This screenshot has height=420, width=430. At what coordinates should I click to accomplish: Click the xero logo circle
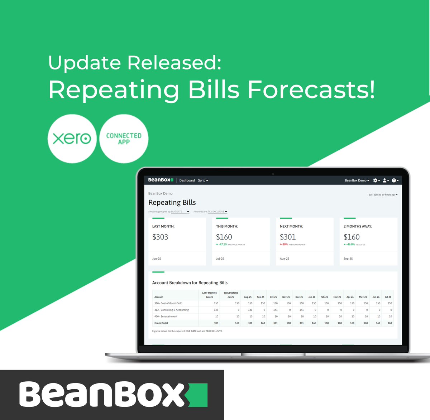point(72,139)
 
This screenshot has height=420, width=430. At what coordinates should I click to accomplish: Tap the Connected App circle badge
point(124,139)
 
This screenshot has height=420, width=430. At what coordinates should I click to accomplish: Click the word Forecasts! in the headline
point(311,89)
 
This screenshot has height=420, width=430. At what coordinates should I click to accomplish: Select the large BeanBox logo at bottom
point(113,394)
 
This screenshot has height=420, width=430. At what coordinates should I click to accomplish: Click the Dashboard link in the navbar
point(187,180)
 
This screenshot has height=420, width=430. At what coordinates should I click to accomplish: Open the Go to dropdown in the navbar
point(203,180)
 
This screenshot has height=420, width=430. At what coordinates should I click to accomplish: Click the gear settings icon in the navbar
point(376,180)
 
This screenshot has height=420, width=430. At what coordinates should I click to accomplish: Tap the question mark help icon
point(394,180)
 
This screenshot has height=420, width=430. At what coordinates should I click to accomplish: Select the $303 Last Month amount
point(160,237)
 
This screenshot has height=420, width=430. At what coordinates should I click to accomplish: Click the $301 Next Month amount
point(288,237)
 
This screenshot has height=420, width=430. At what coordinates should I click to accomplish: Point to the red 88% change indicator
point(284,245)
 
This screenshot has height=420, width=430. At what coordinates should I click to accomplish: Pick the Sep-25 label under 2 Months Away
point(348,259)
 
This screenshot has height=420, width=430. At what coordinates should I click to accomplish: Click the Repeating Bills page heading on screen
point(172,203)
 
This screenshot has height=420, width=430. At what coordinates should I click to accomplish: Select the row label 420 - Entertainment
point(166,317)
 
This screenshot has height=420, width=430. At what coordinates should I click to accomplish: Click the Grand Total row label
point(161,323)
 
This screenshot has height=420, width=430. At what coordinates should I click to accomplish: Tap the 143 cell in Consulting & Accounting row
point(216,310)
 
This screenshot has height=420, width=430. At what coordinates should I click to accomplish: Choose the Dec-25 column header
point(299,297)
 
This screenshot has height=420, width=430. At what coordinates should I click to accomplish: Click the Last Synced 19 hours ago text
point(383,195)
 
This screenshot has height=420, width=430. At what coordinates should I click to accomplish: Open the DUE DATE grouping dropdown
point(180,212)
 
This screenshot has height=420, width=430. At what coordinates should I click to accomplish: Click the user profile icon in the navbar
point(385,180)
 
